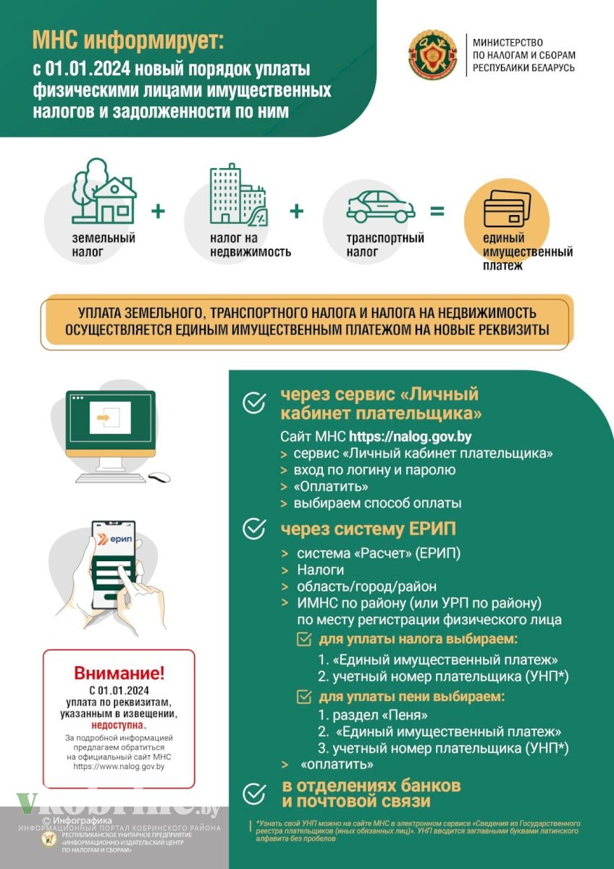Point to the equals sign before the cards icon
(x=437, y=211)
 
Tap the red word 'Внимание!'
(x=119, y=673)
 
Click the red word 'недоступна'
(x=118, y=724)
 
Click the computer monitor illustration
(x=110, y=424)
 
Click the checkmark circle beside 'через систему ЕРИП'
(x=253, y=529)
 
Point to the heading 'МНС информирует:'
(x=129, y=41)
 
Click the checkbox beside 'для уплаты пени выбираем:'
(x=305, y=697)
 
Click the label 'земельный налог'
(x=104, y=245)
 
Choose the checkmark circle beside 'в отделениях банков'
(x=253, y=794)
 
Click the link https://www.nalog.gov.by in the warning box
(x=119, y=766)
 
